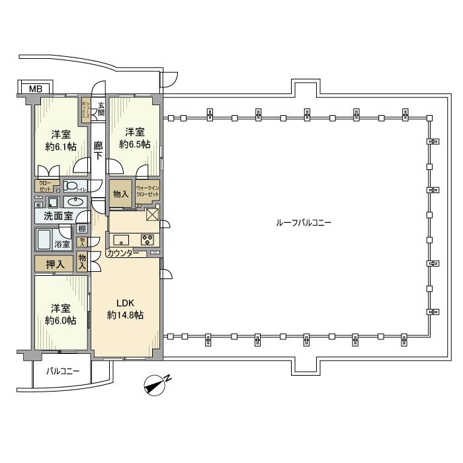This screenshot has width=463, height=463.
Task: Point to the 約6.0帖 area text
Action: pyautogui.click(x=60, y=321)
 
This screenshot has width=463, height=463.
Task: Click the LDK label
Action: pyautogui.click(x=126, y=303)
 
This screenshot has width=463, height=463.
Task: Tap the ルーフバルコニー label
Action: pyautogui.click(x=304, y=223)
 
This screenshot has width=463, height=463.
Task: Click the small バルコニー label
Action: pyautogui.click(x=63, y=372)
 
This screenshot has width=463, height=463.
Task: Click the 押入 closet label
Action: pyautogui.click(x=55, y=265)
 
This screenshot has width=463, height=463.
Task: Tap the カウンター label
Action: pyautogui.click(x=122, y=253)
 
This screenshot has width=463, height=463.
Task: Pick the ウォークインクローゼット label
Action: pyautogui.click(x=148, y=192)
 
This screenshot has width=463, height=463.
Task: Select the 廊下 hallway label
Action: pyautogui.click(x=98, y=151)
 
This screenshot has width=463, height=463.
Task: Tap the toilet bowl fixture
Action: pyautogui.click(x=74, y=187)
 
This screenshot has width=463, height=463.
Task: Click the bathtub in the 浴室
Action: pyautogui.click(x=46, y=239)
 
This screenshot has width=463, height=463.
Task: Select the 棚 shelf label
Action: pyautogui.click(x=81, y=229)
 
